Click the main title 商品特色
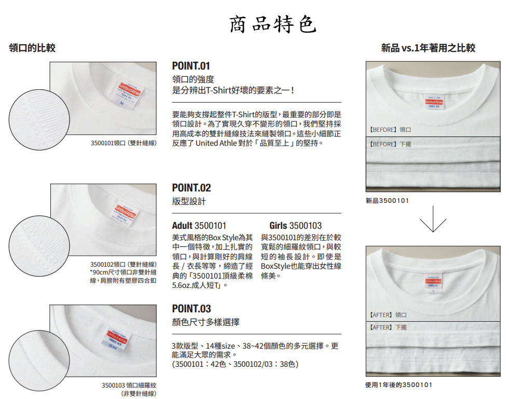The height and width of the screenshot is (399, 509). click(x=273, y=24)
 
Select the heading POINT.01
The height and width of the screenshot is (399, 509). click(x=191, y=66)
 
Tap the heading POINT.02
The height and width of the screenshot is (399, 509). click(x=191, y=188)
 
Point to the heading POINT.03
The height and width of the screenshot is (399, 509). click(x=191, y=308)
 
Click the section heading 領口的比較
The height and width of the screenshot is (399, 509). click(x=32, y=48)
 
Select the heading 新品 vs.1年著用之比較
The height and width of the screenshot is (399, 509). click(x=428, y=48)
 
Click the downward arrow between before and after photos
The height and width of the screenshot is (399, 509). click(x=433, y=219)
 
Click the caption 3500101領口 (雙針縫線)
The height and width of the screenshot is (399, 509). click(x=123, y=143)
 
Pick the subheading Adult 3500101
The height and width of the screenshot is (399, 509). click(x=199, y=226)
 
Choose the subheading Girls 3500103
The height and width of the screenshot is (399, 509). click(x=295, y=226)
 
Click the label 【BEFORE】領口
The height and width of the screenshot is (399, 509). click(x=390, y=130)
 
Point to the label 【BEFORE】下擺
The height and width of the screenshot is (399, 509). click(x=390, y=144)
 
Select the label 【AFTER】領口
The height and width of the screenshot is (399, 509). click(x=388, y=315)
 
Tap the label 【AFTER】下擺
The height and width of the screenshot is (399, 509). click(x=388, y=327)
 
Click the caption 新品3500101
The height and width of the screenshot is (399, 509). click(x=387, y=201)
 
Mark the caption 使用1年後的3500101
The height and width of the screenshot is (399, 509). click(x=398, y=385)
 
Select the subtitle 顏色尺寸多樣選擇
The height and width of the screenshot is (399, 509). click(x=206, y=322)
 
